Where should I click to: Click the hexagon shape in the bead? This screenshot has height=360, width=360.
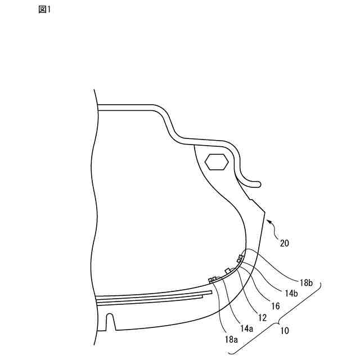pyautogui.click(x=216, y=161)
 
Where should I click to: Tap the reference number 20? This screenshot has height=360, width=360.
pyautogui.click(x=285, y=244)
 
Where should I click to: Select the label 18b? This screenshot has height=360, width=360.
pyautogui.click(x=306, y=283)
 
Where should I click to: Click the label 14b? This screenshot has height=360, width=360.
pyautogui.click(x=291, y=293)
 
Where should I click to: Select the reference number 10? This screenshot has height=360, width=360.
pyautogui.click(x=285, y=331)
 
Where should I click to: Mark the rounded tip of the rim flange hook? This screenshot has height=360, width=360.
pyautogui.click(x=258, y=183)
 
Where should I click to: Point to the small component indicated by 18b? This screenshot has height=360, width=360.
pyautogui.click(x=241, y=258)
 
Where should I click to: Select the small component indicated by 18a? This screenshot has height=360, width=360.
pyautogui.click(x=213, y=279)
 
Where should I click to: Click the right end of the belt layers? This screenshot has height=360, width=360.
pyautogui.click(x=205, y=293)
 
